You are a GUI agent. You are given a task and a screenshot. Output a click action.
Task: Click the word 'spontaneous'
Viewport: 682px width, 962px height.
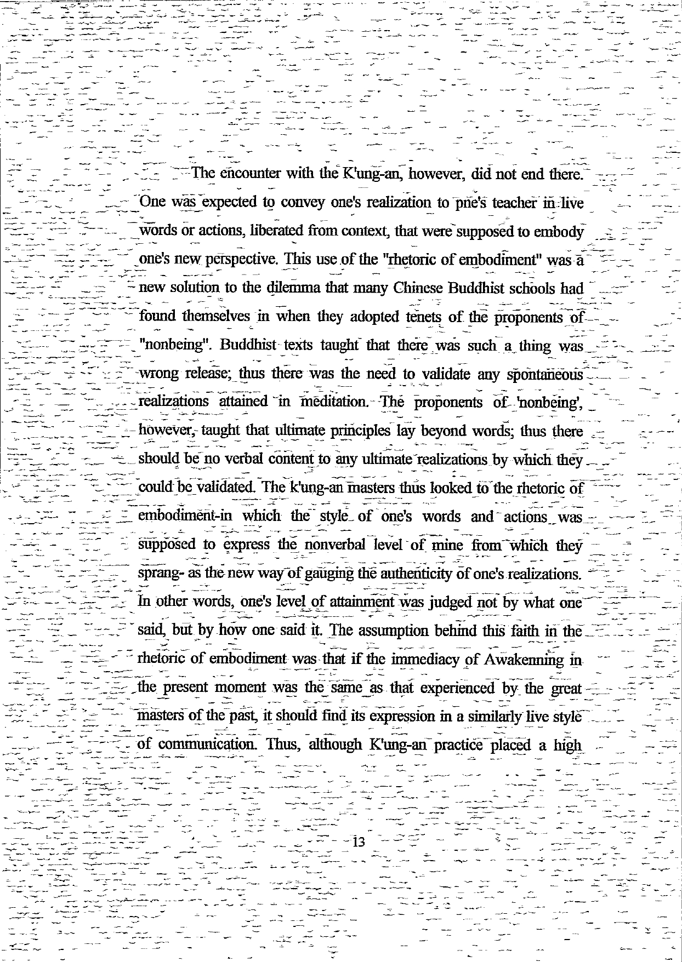click(544, 374)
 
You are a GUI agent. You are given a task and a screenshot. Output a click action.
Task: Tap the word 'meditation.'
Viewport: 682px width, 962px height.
click(328, 402)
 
